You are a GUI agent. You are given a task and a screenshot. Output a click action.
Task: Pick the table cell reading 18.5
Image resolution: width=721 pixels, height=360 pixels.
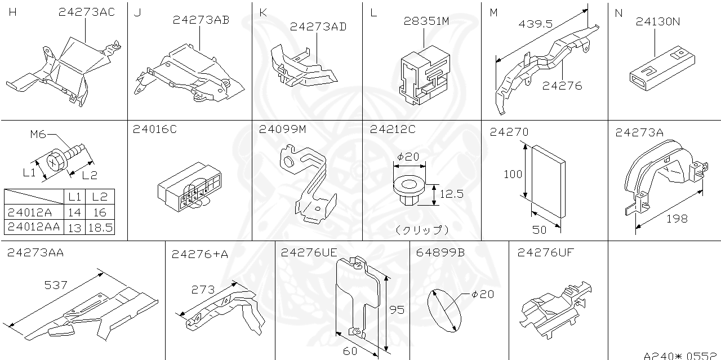[99, 227]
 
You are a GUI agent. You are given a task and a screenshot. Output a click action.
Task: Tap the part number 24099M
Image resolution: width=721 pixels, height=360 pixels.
[282, 130]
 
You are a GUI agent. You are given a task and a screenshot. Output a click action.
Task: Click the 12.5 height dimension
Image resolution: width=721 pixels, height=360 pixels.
[451, 194]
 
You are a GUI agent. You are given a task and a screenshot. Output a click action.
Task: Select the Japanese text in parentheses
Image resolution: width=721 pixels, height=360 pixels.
[422, 230]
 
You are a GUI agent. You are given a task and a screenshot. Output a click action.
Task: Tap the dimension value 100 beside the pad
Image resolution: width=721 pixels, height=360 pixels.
[513, 174]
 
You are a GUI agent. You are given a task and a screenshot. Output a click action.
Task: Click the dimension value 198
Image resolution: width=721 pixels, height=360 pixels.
[677, 219]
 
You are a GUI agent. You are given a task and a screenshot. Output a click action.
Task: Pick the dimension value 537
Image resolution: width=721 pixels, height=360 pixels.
[56, 285]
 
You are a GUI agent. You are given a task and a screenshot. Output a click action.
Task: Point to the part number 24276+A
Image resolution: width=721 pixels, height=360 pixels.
[200, 255]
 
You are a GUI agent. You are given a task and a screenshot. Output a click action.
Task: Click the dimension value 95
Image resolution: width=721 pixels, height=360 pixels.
[397, 309]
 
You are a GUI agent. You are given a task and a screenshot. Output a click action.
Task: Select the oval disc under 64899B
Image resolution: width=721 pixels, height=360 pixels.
[444, 311]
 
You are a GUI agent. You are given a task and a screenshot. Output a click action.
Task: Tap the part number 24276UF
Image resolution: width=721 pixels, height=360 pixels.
[545, 253]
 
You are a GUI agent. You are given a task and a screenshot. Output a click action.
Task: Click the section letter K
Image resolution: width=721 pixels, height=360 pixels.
[263, 12]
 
